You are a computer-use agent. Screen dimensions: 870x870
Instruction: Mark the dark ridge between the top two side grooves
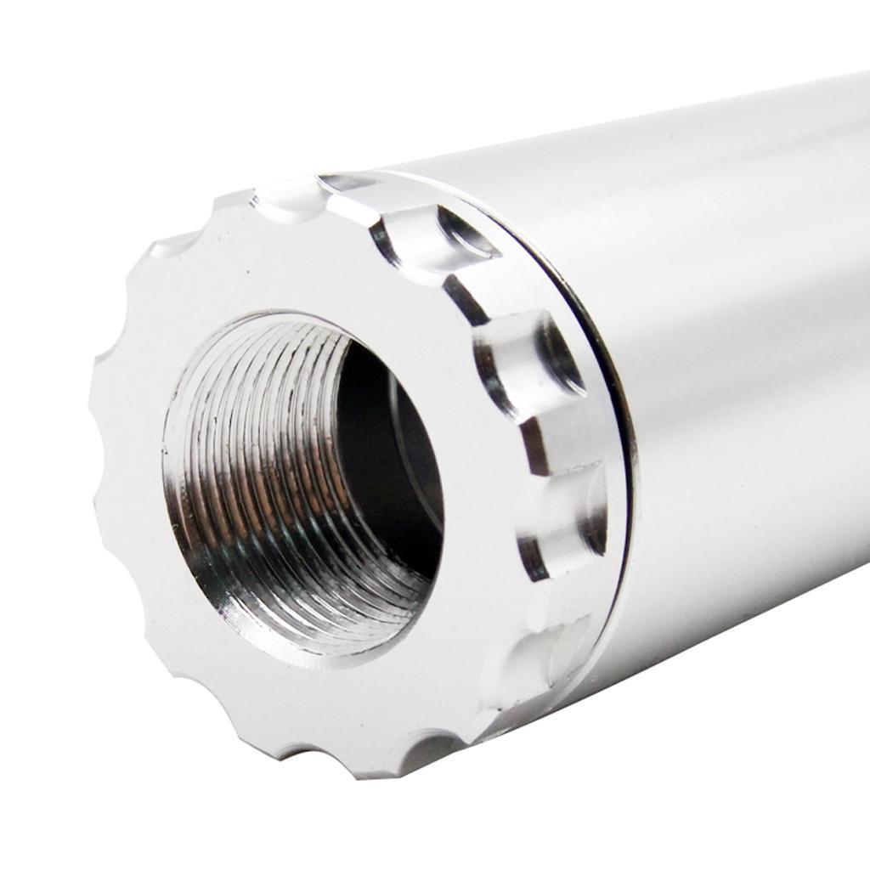(x=463, y=297)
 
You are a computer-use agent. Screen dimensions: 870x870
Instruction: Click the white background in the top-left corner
(x=51, y=51)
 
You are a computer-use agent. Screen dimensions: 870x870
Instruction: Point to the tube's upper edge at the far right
(x=858, y=78)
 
